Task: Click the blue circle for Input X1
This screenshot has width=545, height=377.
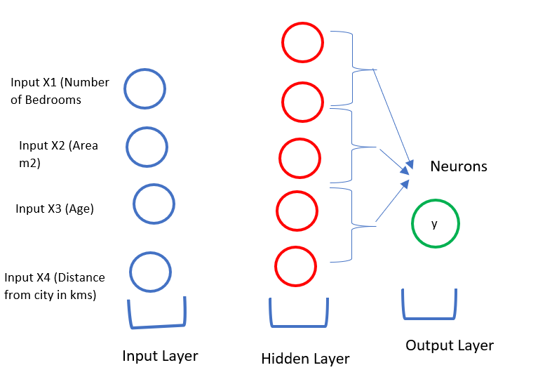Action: point(124,88)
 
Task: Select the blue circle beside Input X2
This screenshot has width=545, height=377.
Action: point(126,147)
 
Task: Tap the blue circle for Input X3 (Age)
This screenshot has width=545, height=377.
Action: point(133,204)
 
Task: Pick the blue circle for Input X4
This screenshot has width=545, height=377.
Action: point(130,272)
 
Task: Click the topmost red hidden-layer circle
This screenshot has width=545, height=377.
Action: point(282,42)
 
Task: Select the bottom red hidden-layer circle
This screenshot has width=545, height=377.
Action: point(275,266)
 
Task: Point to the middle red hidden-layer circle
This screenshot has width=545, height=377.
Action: point(279,158)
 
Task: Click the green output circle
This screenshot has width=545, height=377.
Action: point(412,224)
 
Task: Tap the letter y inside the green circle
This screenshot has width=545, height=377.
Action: point(434,224)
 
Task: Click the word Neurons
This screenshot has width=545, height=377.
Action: point(459,166)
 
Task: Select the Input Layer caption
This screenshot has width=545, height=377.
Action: point(160,356)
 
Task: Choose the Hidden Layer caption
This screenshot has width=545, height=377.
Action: point(305,359)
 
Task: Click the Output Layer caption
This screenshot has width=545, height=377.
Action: point(450,345)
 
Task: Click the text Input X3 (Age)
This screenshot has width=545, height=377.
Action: point(55,209)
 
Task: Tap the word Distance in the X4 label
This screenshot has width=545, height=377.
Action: point(81,277)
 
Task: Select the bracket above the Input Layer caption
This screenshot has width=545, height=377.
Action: point(157,326)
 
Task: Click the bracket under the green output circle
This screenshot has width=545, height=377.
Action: point(429,318)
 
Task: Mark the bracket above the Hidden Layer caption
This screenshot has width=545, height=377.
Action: point(299,326)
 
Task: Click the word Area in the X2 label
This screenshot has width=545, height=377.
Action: point(85,145)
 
